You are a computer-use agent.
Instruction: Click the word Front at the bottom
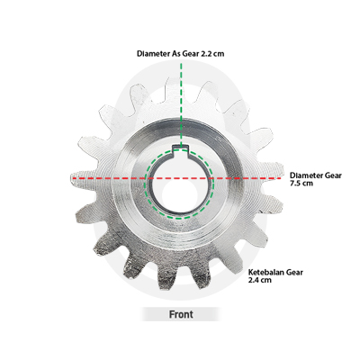[x=181, y=314]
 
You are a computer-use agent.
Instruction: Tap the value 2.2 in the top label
[x=207, y=54]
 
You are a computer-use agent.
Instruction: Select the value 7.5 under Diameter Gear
[x=296, y=184]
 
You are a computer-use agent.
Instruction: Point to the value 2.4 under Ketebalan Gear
[x=254, y=280]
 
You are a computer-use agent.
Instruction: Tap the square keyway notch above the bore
[x=180, y=149]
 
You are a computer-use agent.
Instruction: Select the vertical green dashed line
[x=181, y=105]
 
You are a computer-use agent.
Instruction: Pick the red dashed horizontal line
[x=177, y=178]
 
